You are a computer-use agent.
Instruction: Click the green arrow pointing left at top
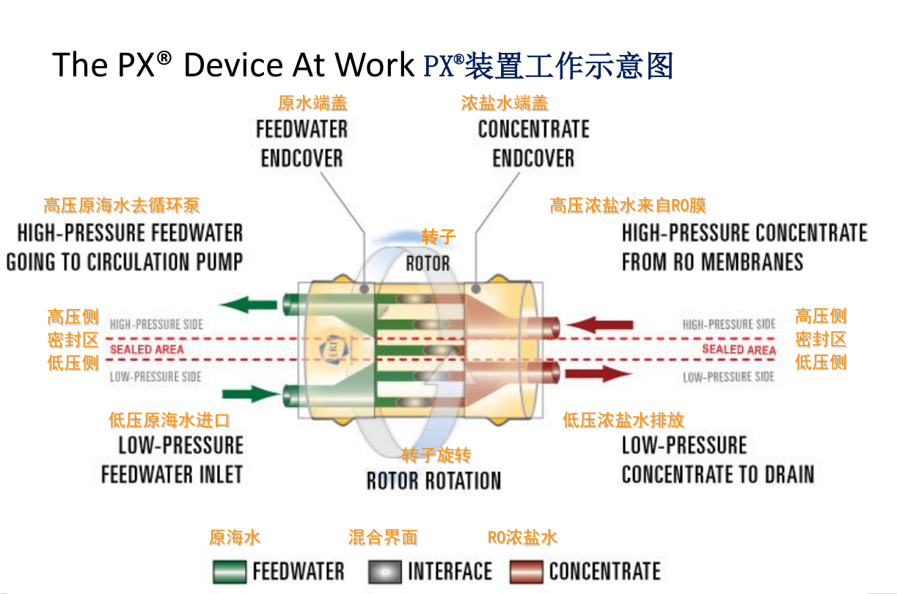(249, 305)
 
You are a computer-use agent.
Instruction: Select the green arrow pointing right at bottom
(251, 394)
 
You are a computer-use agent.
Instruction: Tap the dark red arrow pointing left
(599, 325)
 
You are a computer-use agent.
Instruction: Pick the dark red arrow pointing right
(598, 374)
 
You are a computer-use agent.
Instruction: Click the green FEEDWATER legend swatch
(230, 571)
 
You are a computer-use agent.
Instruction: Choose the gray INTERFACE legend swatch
(385, 571)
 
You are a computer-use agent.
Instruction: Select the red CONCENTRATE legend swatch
(527, 571)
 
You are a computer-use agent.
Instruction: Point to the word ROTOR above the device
(428, 264)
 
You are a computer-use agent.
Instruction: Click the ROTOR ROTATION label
(434, 481)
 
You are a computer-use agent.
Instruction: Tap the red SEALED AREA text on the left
(147, 349)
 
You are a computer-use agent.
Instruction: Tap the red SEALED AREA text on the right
(739, 349)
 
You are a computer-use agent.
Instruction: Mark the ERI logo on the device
(334, 349)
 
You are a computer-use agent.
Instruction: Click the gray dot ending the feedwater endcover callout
(365, 289)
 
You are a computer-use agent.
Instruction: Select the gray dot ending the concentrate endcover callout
(476, 289)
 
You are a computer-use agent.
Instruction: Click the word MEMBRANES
(752, 262)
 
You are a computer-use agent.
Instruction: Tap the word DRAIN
(790, 474)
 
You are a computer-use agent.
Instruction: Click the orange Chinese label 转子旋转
(436, 455)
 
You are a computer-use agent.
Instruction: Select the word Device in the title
(233, 65)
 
